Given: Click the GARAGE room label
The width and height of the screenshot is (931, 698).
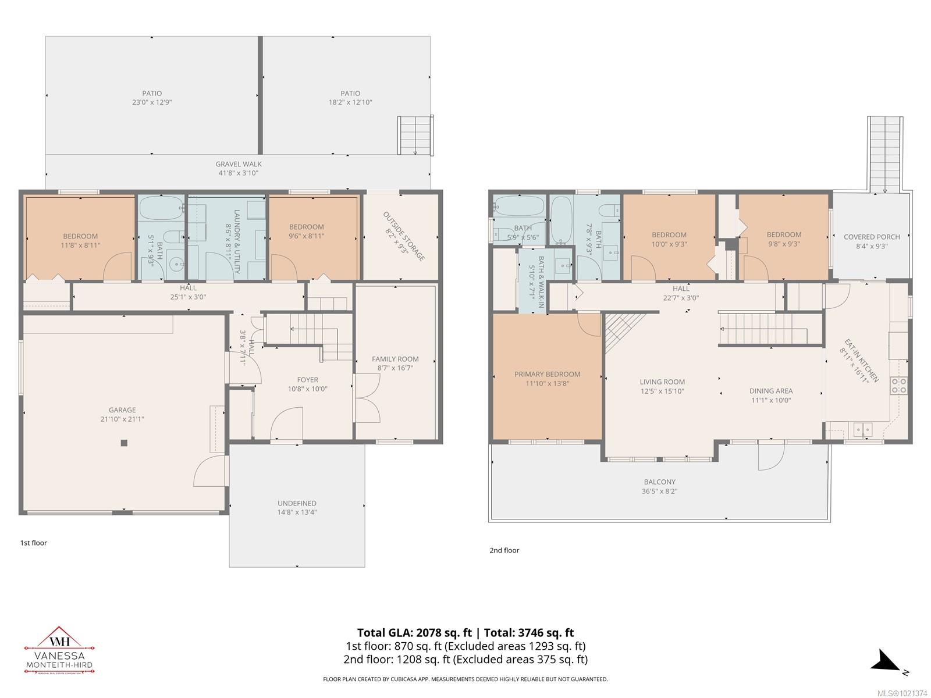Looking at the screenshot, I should pos(122,409).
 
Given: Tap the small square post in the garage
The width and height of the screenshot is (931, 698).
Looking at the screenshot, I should pos(124,443).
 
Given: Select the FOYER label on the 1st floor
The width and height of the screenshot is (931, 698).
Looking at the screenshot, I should pos(308,380).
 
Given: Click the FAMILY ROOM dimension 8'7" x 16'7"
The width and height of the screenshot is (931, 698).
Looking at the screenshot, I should pos(395,368).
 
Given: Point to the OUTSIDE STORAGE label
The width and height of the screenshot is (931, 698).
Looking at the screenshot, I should pos(404,236).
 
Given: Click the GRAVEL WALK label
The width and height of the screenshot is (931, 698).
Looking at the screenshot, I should pos(239,164).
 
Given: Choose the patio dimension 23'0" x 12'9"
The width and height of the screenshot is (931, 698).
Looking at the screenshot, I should pos(152,102).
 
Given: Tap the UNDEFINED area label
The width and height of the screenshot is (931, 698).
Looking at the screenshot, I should pos(297,503).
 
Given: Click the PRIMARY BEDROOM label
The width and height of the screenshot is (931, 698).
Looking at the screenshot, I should pos(547,374).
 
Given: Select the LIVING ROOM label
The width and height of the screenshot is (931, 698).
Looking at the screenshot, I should pos(662,382).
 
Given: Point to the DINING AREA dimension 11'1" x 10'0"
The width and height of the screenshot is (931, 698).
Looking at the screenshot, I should pos(771,400).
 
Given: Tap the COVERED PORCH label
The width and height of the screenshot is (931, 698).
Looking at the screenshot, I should pos(872,237).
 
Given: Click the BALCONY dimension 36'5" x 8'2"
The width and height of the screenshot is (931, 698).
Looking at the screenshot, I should pos(660,491).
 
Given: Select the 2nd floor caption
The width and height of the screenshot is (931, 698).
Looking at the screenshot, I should pos(504,550).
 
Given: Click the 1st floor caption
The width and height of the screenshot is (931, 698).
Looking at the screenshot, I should pos(34,543).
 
